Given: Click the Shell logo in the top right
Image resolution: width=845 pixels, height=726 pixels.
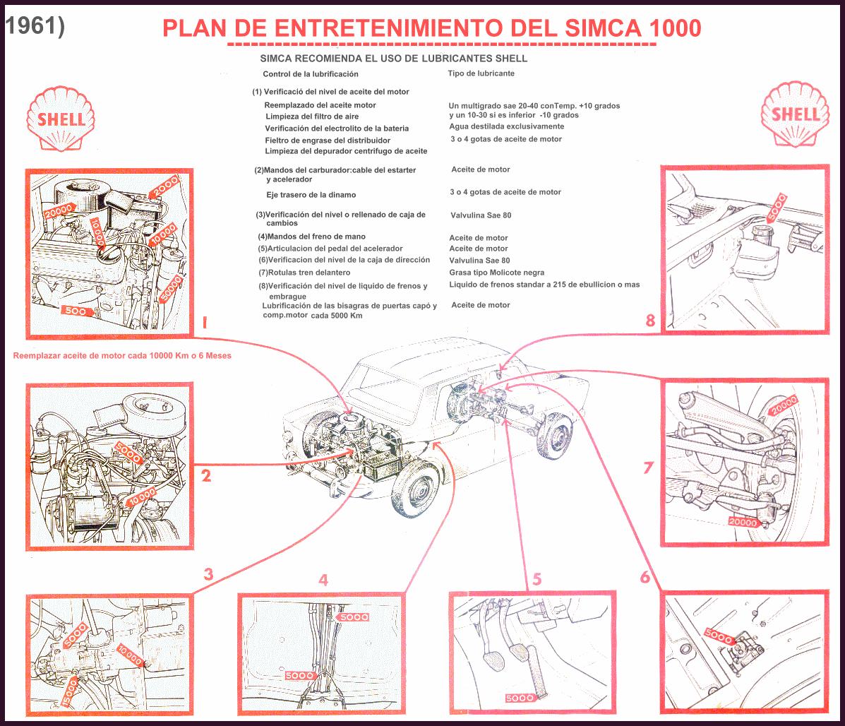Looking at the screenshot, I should pos(794,114).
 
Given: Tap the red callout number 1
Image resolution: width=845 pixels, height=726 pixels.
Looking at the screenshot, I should pos(205,323).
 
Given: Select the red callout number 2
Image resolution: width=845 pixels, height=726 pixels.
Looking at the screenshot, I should pos(205,476).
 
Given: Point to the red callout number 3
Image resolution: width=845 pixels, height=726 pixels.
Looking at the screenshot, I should pos(208,574).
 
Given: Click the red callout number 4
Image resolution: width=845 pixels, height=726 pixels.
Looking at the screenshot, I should pos(323,580).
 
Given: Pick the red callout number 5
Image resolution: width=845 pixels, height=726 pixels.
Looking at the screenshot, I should pos(537,580).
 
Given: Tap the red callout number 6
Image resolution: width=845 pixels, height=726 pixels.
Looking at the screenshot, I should pos(645,577).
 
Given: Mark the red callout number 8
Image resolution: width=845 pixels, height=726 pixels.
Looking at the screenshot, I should pos(650,321).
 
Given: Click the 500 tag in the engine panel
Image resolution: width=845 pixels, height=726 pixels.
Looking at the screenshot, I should pos(76,310).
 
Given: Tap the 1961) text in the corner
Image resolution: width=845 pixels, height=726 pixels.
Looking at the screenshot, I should pos(35,25).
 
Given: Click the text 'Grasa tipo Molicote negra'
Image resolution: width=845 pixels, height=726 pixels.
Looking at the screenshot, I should pos(496,272).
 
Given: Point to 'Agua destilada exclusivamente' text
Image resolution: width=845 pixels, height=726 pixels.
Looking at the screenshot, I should pos(506,126).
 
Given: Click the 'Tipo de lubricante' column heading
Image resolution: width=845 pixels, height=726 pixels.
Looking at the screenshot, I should pos(481,73).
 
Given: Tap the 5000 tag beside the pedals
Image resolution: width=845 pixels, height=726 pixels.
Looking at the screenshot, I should pos(520,698).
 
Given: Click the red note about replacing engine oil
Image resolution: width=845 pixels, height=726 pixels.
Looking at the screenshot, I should pos(122,356).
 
